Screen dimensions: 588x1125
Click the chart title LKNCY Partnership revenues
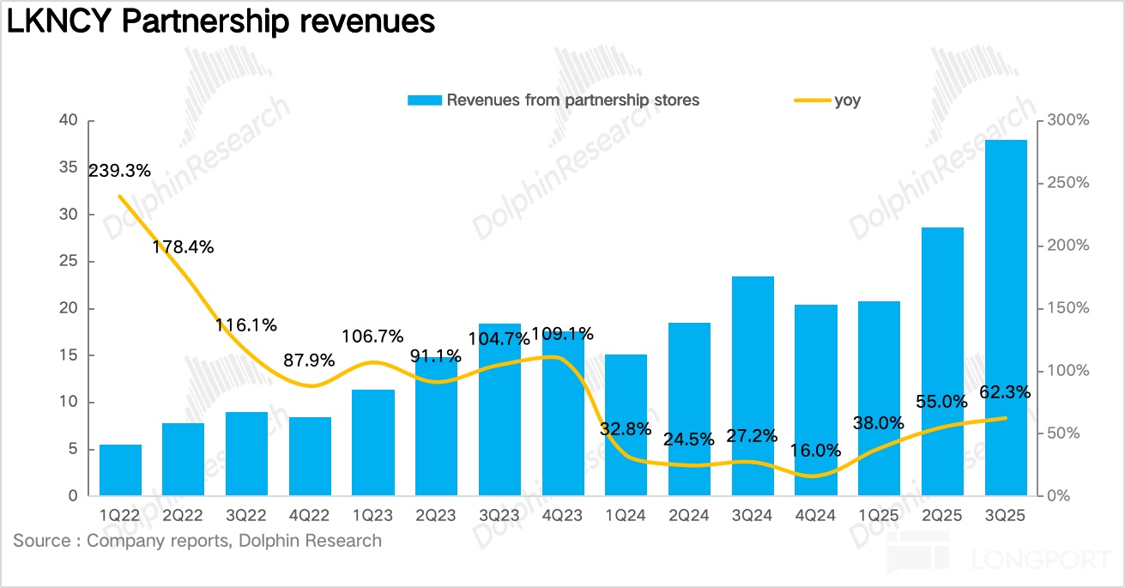point(221,21)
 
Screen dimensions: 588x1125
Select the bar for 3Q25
point(1007,318)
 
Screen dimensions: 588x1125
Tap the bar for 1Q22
point(120,470)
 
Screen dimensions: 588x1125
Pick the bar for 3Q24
point(753,386)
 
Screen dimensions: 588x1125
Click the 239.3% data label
point(120,171)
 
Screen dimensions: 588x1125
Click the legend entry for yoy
point(847,100)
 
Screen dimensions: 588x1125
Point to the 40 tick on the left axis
point(69,121)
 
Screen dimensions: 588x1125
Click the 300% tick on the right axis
point(1067,121)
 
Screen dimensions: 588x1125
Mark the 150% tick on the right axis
point(1067,308)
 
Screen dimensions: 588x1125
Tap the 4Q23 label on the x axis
point(563,517)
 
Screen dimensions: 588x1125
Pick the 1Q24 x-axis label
point(626,517)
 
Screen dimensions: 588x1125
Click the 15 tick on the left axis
point(69,355)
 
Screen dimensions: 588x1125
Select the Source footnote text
point(197,541)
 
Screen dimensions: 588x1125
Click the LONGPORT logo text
point(1042,561)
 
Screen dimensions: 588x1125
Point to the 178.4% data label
point(183,247)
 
